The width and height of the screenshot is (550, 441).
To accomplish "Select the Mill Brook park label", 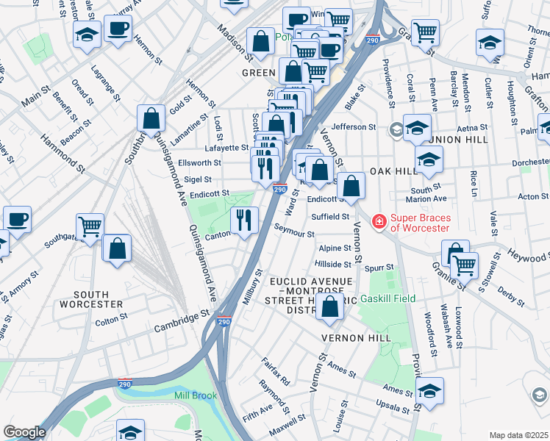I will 195,395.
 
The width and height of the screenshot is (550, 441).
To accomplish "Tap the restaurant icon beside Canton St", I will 244,220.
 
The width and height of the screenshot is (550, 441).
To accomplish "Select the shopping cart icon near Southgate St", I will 90,226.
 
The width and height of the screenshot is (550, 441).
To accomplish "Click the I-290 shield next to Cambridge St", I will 225,322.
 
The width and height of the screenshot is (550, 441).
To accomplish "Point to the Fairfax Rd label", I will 276,371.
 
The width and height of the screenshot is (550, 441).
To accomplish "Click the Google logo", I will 24,432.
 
